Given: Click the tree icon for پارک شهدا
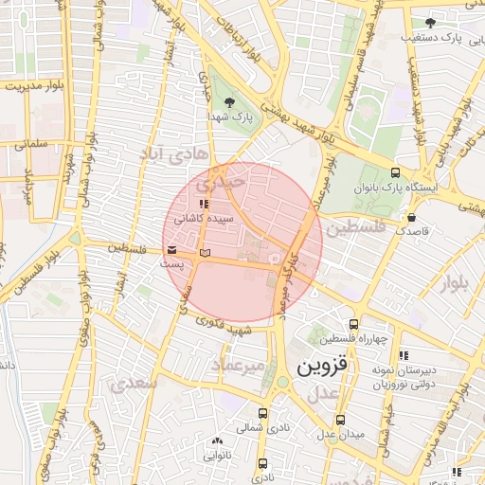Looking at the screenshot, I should pyautogui.click(x=227, y=100).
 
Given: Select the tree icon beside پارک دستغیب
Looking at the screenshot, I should pyautogui.click(x=431, y=22).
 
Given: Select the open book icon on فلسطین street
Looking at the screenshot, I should pyautogui.click(x=206, y=253).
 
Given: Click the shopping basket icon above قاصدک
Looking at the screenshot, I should pyautogui.click(x=410, y=216).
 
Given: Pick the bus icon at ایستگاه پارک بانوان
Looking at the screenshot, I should pyautogui.click(x=395, y=173).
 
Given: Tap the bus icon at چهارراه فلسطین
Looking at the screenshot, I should pyautogui.click(x=355, y=324).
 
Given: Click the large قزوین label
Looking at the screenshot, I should pyautogui.click(x=322, y=367).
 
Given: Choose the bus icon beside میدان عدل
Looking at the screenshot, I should pyautogui.click(x=341, y=420).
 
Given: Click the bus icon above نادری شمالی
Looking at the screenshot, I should pyautogui.click(x=262, y=413).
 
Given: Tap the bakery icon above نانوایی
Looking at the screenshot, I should pyautogui.click(x=218, y=441).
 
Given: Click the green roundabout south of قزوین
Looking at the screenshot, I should pyautogui.click(x=283, y=383).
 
